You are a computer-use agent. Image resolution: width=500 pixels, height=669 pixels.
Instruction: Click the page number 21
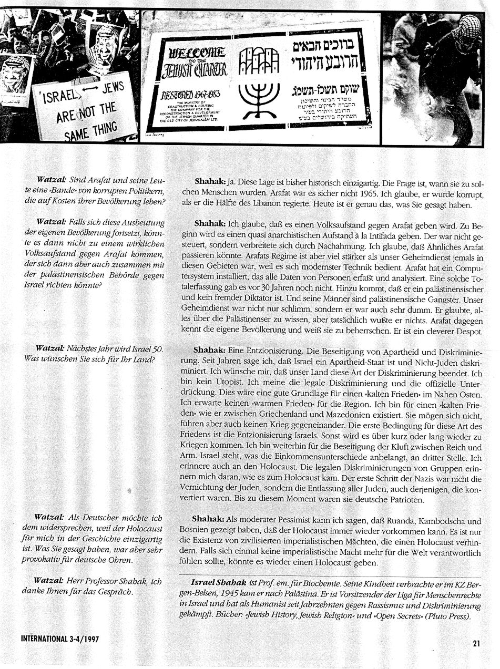pyautogui.click(x=476, y=642)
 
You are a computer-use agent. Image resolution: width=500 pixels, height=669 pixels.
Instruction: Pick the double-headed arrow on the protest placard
pyautogui.click(x=87, y=94)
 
